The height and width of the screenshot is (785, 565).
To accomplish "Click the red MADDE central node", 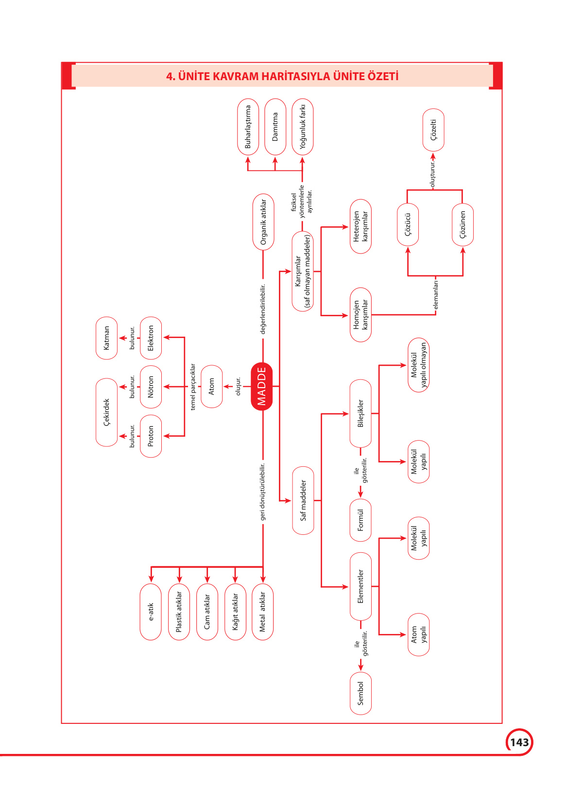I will coord(262,386).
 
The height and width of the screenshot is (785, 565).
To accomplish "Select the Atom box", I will coord(211,386).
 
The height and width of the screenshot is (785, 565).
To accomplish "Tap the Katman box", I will coord(106,338).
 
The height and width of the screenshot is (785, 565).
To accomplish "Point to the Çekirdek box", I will coord(106,412).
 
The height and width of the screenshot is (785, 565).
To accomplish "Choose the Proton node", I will coord(151,436).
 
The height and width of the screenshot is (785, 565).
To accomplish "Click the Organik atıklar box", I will coord(263,222).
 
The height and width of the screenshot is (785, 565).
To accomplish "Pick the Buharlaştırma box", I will coord(248,127).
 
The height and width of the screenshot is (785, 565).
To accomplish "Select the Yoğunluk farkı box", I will coord(302,127).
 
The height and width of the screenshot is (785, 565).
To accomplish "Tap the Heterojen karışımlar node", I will coord(360,226).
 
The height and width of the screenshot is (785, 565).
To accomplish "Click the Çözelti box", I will coord(433,130).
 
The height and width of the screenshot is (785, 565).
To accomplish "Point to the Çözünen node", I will coord(462,224).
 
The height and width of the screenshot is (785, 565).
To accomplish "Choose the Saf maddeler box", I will coord(303,500).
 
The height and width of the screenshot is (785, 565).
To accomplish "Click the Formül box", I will coord(360,520).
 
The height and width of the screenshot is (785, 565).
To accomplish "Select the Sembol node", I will coord(360,693).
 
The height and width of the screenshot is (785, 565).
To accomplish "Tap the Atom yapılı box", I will coord(418,634).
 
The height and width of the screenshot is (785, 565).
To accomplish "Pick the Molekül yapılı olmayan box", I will coord(418,365).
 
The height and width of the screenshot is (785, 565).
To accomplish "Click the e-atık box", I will coord(151,612).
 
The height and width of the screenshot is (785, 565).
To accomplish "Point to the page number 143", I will coord(519,742).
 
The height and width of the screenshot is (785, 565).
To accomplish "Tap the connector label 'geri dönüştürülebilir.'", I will coord(263,492).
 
